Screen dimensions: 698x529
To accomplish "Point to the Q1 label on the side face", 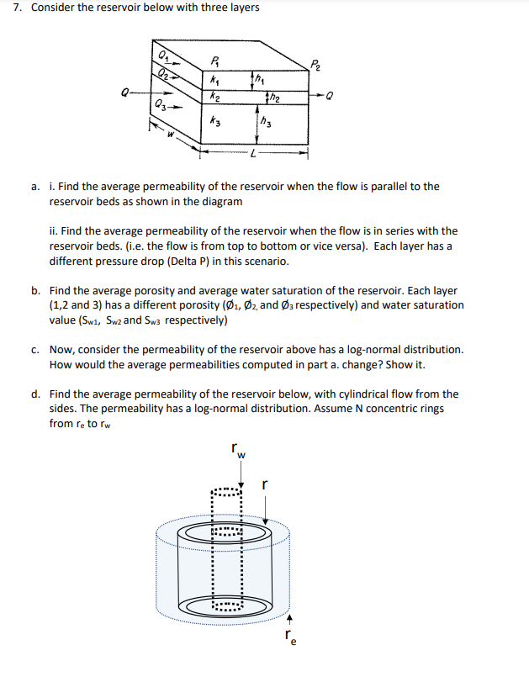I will [x=162, y=56].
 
